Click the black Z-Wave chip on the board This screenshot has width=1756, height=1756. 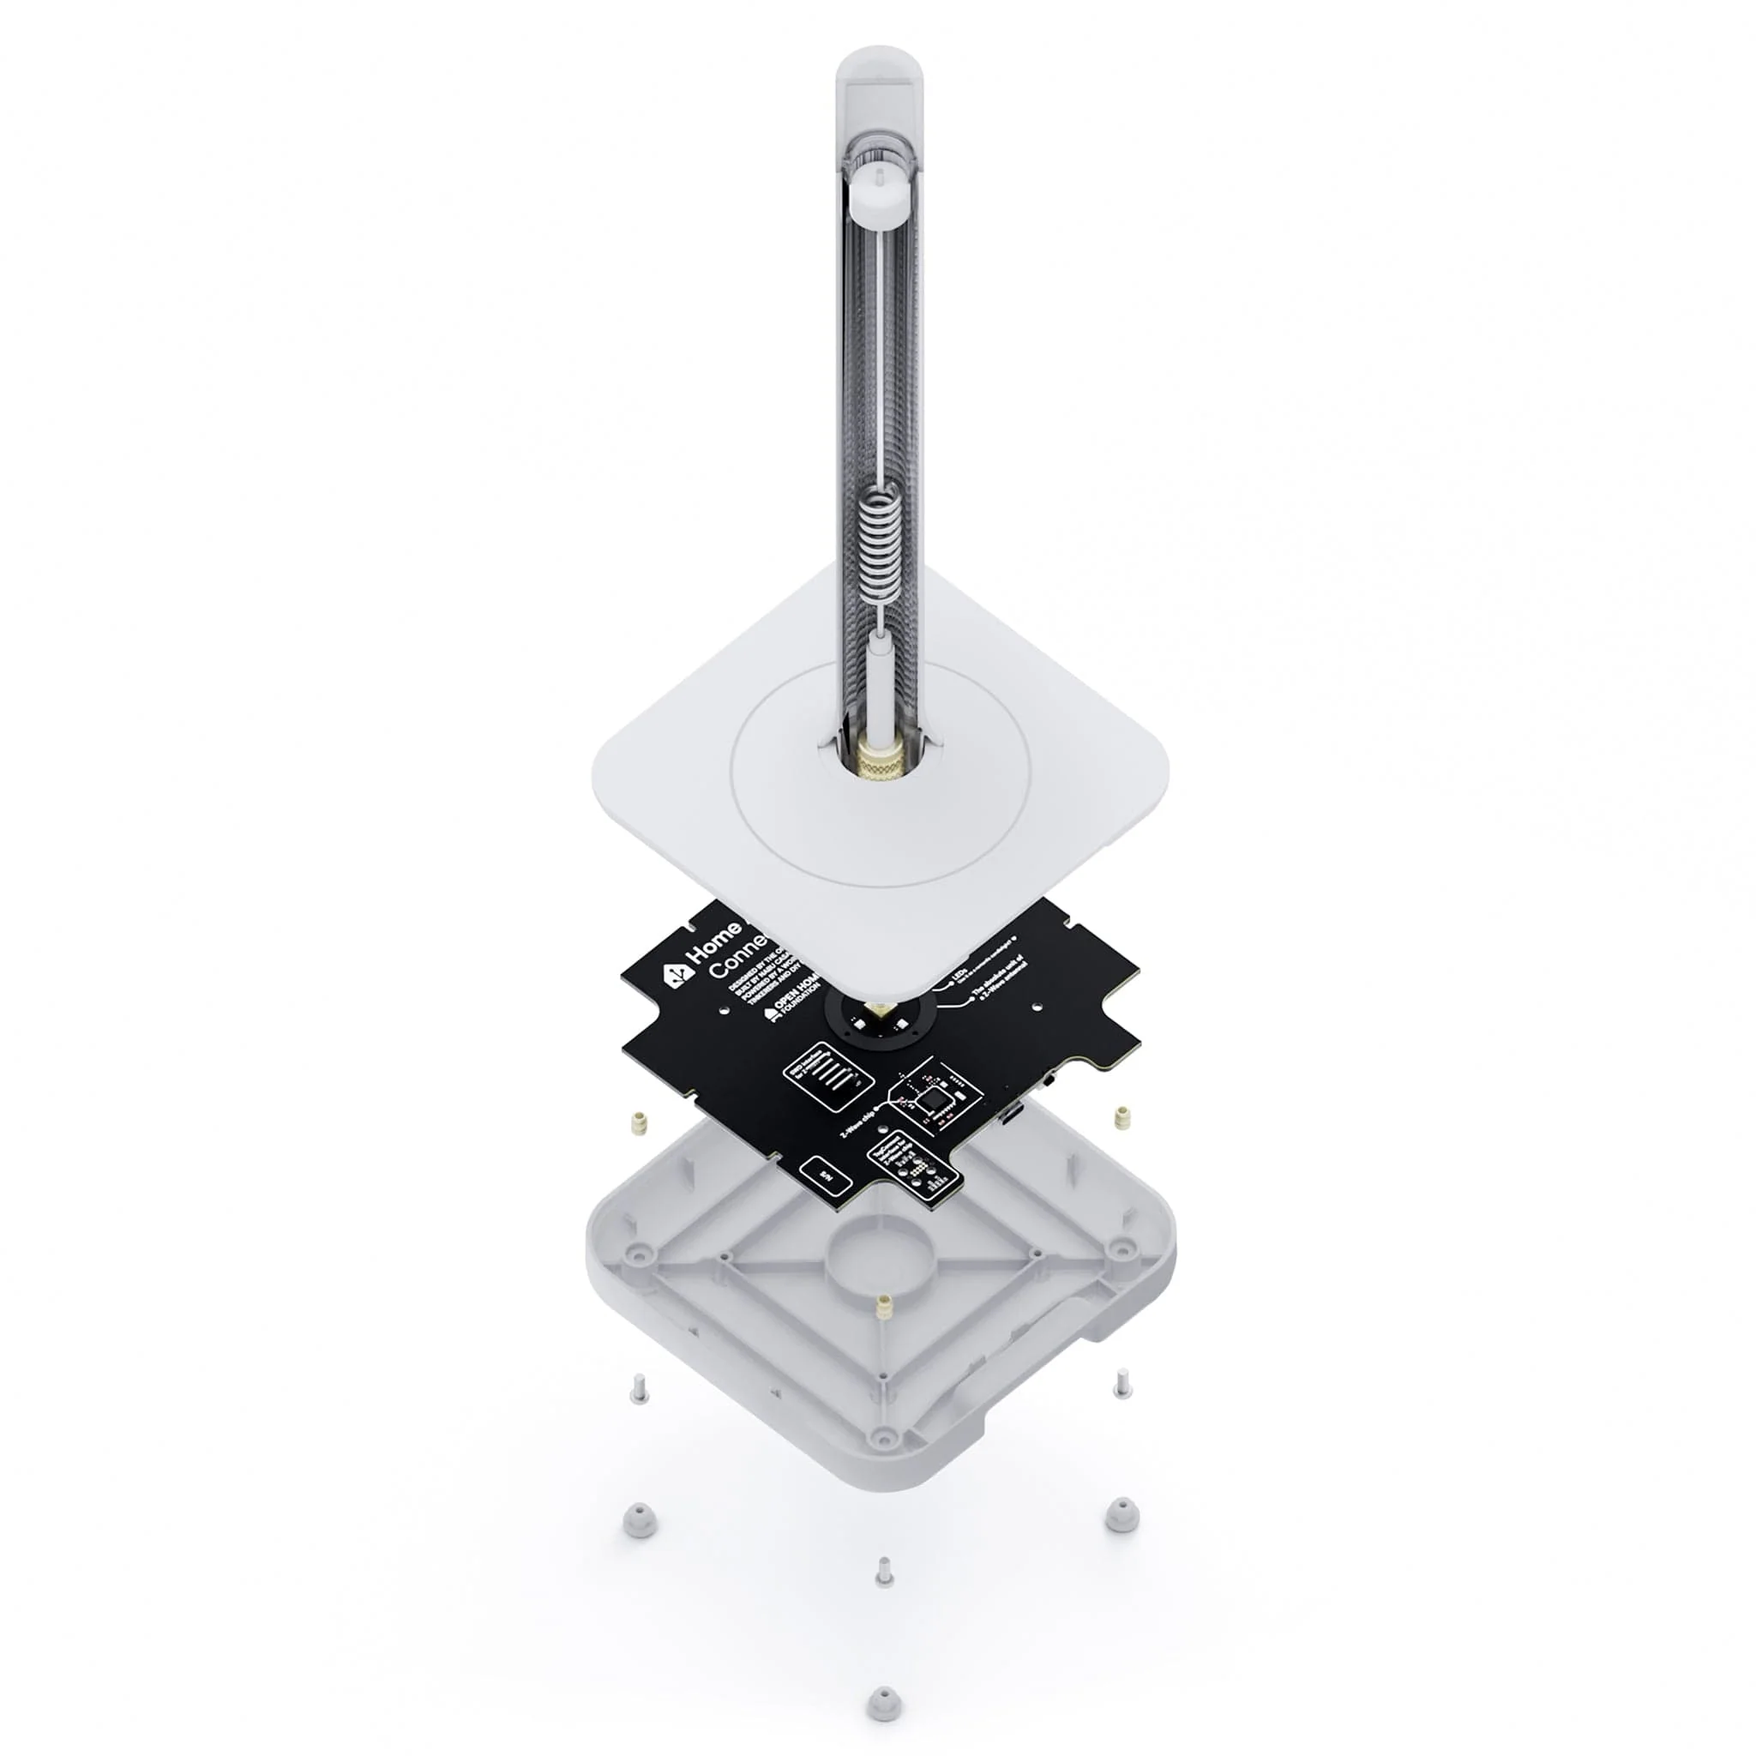(x=935, y=1101)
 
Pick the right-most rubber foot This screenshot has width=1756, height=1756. (x=1122, y=1514)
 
